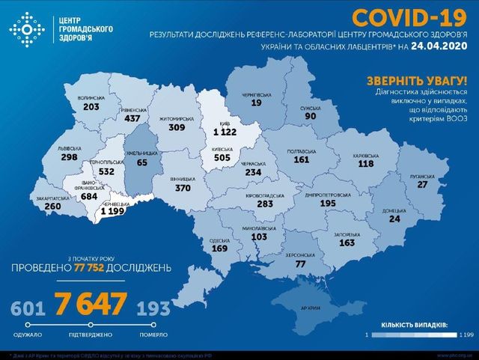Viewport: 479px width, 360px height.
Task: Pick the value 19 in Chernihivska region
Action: pos(256,104)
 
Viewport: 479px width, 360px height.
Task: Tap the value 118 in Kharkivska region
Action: pos(365,164)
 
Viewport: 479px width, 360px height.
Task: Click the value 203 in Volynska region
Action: pos(91,107)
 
